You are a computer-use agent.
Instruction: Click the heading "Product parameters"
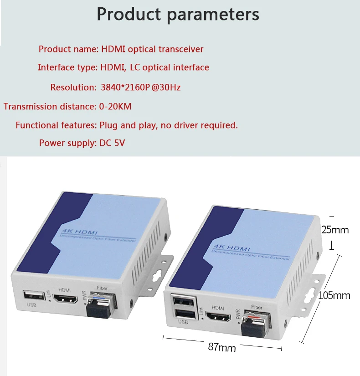tap(178, 14)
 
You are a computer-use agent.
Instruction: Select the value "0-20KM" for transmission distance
tap(115, 107)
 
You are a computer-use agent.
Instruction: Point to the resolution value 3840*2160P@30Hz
tap(140, 87)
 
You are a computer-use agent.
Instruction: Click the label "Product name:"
tap(68, 49)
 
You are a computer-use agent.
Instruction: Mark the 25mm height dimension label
tap(335, 230)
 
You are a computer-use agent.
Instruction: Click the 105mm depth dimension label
tap(334, 295)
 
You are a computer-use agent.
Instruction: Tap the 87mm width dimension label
tap(222, 347)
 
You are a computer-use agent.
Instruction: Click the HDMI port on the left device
tap(65, 299)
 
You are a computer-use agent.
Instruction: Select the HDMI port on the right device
tap(218, 316)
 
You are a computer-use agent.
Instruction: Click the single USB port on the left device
tap(31, 295)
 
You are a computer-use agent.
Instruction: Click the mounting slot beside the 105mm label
tap(314, 291)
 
